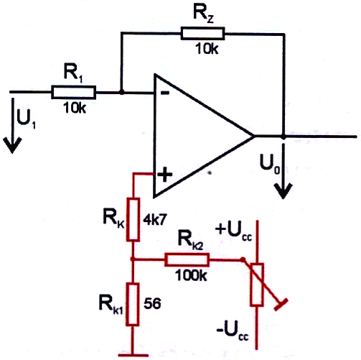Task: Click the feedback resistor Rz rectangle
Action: (x=202, y=33)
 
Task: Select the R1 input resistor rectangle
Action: (x=73, y=92)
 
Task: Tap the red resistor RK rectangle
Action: (x=133, y=219)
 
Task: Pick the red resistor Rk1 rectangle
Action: (x=133, y=304)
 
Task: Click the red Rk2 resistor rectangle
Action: (x=187, y=259)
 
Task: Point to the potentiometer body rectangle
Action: (x=257, y=285)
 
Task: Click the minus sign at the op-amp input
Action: (x=165, y=93)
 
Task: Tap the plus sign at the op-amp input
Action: (x=165, y=174)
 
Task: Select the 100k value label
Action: (x=191, y=275)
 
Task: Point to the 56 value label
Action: (x=152, y=304)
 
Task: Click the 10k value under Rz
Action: (x=207, y=49)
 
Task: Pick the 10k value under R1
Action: (x=75, y=108)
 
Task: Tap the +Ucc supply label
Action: (x=233, y=231)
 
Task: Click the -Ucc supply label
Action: (x=233, y=333)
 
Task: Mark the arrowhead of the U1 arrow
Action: (x=12, y=144)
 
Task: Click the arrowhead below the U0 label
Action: (x=283, y=190)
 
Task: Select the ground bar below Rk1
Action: (x=133, y=356)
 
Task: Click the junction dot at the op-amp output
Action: (x=283, y=137)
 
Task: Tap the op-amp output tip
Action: (x=254, y=137)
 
